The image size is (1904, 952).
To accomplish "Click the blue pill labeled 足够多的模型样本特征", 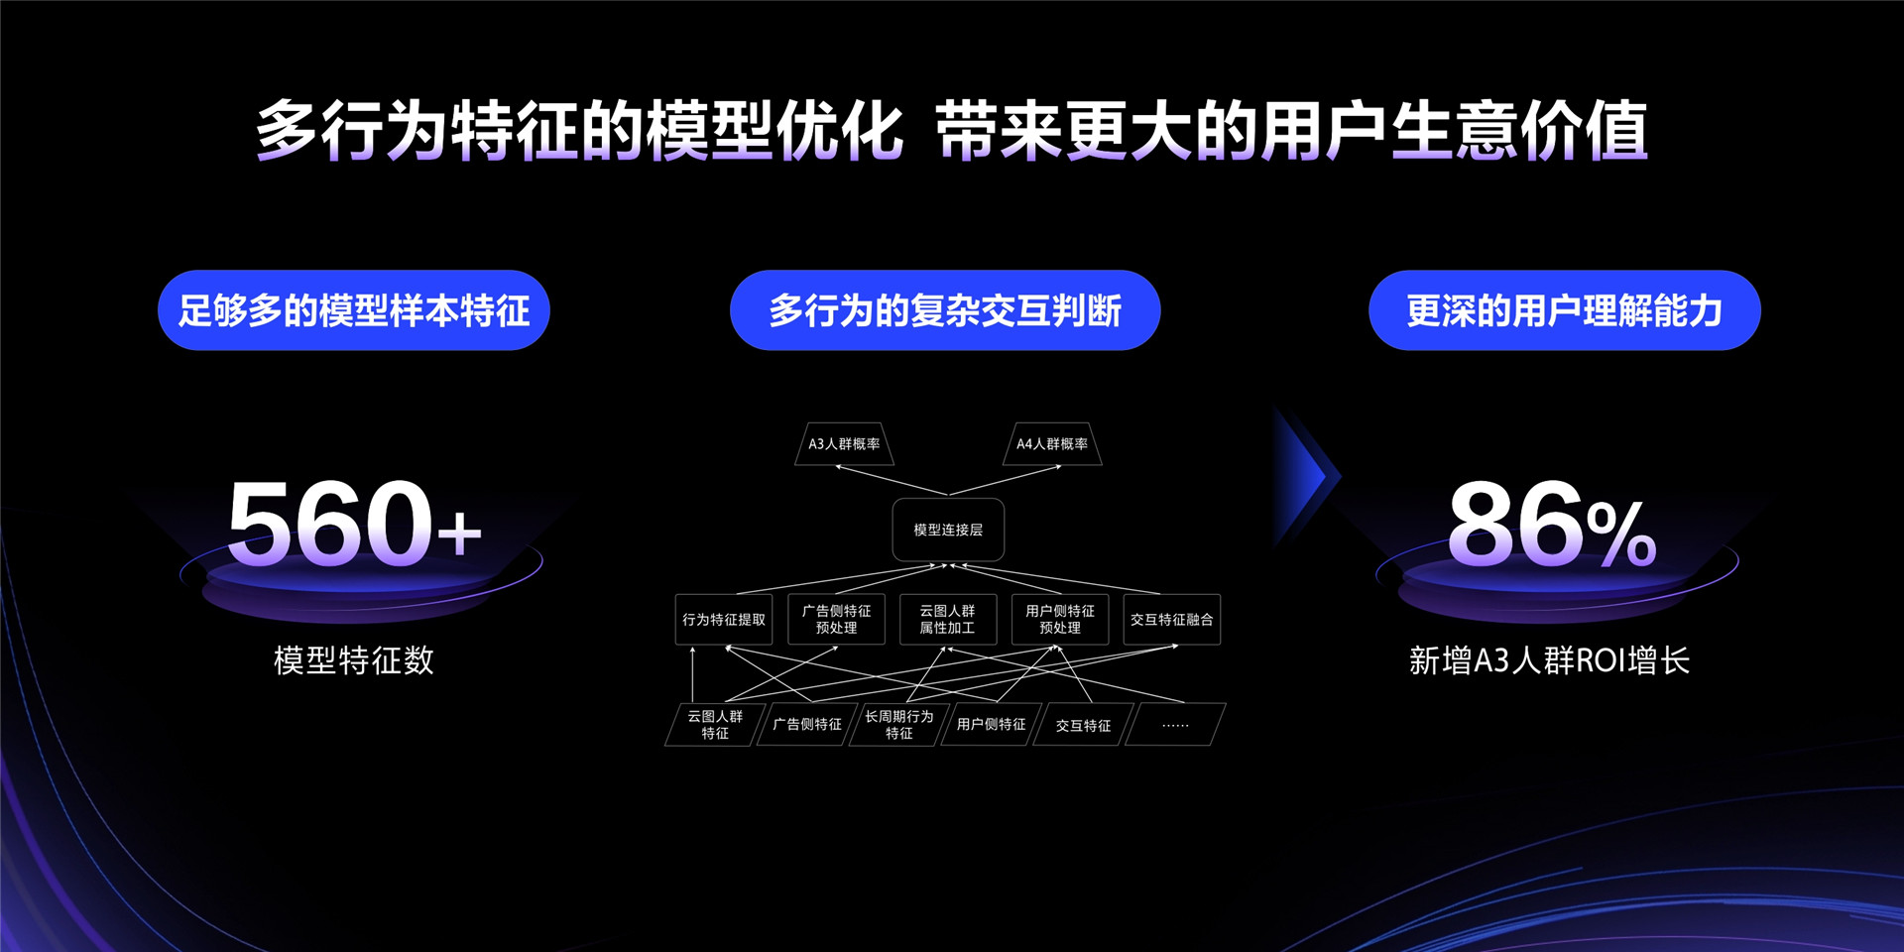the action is (354, 310).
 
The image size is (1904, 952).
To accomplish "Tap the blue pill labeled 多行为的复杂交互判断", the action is (945, 310).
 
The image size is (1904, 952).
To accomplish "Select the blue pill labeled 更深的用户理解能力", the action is (1564, 310).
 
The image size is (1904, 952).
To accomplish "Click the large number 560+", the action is (354, 524).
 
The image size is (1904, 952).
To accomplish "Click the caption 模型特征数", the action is (354, 660).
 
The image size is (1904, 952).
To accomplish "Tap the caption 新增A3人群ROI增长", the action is (1549, 660).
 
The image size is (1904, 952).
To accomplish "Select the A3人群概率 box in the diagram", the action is (844, 444).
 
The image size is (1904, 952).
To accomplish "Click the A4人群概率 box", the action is (1052, 444).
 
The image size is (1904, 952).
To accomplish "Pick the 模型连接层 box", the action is (948, 531).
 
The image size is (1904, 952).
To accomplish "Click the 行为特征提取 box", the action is (724, 620).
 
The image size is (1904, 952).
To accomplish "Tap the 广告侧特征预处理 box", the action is (836, 620).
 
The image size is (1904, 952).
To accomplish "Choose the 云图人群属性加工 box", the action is (948, 620).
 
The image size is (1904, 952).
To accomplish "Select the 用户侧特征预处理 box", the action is (1060, 620).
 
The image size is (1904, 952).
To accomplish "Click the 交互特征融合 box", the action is (1171, 620).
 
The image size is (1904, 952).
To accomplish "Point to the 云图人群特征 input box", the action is (714, 725).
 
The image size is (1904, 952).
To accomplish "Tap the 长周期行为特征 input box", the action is (898, 725).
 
